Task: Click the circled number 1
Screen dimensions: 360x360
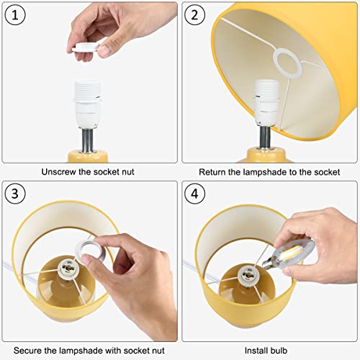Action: coord(15,15)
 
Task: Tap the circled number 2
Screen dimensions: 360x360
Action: coord(194,15)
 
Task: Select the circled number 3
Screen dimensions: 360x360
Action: coord(15,194)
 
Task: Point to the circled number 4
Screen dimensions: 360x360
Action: coord(194,194)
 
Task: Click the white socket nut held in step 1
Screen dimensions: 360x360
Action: coord(86,47)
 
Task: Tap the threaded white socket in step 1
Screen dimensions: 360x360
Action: coord(87,104)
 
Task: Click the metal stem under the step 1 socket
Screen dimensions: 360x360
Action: coord(88,140)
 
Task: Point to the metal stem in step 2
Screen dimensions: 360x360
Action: coord(265,138)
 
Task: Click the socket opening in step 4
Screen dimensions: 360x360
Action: coord(247,274)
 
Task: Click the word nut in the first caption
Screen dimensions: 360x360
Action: coord(127,172)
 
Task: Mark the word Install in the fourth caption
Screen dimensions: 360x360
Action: coord(256,351)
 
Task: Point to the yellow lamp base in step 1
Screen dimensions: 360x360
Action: coord(88,156)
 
